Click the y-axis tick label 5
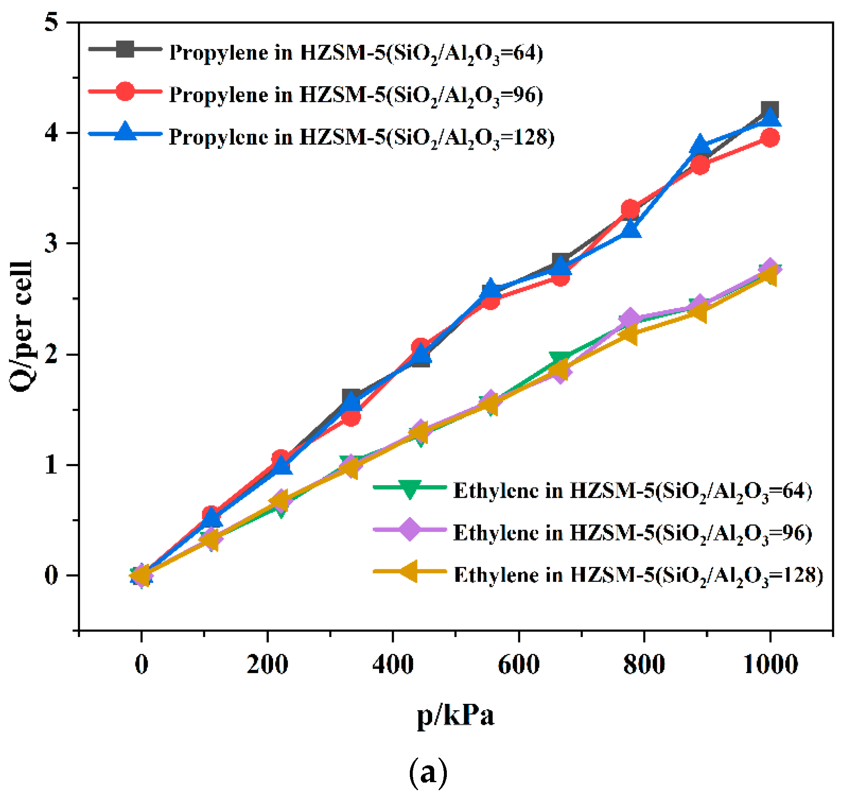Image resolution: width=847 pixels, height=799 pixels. point(52,22)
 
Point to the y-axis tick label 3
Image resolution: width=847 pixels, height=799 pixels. point(52,243)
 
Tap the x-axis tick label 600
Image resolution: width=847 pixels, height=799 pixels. point(518,664)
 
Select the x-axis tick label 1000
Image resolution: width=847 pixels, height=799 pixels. point(770,664)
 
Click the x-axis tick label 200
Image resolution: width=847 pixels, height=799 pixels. point(267,664)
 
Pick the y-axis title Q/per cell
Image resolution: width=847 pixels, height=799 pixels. point(21,326)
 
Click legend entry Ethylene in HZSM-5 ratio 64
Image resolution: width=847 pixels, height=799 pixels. point(632,491)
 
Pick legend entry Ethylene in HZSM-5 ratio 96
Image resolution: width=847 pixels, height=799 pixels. point(632,533)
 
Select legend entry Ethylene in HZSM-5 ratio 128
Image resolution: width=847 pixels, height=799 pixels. point(638,575)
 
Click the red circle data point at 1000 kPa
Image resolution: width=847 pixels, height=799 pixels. point(770,138)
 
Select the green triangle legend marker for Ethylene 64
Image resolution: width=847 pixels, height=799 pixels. point(410,489)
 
